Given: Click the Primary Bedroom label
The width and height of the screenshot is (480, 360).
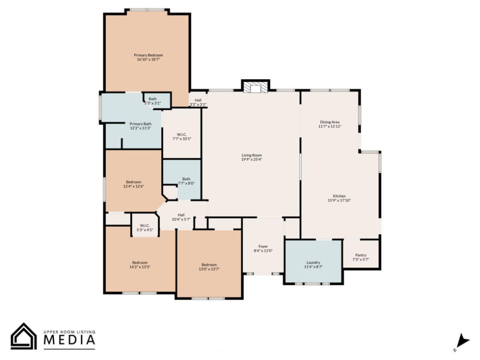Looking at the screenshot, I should pyautogui.click(x=148, y=55).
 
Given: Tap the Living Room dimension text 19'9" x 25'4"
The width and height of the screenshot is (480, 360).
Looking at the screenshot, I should pyautogui.click(x=252, y=159).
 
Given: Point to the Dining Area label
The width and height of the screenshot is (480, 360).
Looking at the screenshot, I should pyautogui.click(x=330, y=122).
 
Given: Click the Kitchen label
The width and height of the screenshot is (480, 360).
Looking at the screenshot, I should pyautogui.click(x=339, y=196).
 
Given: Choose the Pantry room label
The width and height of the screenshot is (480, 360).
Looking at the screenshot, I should pyautogui.click(x=360, y=255).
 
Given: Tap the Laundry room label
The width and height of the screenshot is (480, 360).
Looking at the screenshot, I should pyautogui.click(x=313, y=262).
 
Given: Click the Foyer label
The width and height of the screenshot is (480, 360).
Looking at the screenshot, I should pyautogui.click(x=263, y=246).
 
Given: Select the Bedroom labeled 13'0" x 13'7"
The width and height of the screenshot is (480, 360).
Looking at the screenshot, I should pyautogui.click(x=209, y=265).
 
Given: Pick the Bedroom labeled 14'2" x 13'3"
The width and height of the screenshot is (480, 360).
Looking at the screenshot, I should pyautogui.click(x=140, y=262).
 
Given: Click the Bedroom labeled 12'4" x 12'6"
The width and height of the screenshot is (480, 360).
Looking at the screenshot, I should pyautogui.click(x=133, y=182).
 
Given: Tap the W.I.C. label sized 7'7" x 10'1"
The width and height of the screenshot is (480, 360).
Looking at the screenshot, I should pyautogui.click(x=182, y=134).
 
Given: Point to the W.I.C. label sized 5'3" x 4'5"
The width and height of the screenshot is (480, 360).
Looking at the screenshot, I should pyautogui.click(x=145, y=226).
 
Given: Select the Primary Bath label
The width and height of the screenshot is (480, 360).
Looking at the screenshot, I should pyautogui.click(x=140, y=124).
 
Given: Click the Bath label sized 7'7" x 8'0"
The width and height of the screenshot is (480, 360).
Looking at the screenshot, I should pyautogui.click(x=186, y=179).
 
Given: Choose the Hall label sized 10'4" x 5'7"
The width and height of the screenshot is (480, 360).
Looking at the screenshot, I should pyautogui.click(x=181, y=214).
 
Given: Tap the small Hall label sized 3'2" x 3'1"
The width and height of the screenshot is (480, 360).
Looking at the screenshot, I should pyautogui.click(x=198, y=100).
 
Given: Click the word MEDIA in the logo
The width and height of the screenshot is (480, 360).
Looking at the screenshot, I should pyautogui.click(x=69, y=340).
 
